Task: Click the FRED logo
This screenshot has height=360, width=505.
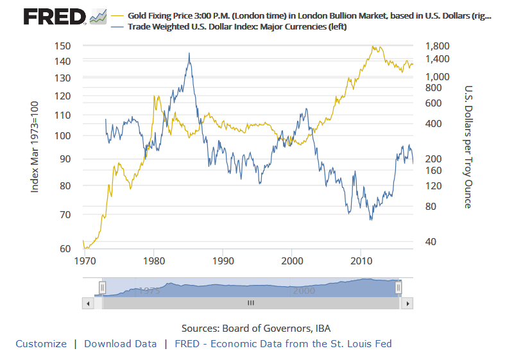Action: (55, 16)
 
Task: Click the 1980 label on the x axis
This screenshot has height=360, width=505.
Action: (153, 261)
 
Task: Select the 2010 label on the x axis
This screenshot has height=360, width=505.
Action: (361, 261)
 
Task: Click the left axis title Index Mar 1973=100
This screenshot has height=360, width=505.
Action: (36, 146)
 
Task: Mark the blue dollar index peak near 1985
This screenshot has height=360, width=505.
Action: (189, 53)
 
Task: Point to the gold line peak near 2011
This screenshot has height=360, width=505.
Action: (373, 46)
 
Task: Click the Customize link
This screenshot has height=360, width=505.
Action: (41, 343)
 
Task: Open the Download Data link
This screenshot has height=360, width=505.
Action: (120, 343)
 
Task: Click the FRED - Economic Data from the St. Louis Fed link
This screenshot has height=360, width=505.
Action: (282, 343)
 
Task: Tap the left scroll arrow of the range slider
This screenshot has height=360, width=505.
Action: (88, 302)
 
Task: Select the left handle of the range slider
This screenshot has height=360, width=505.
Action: (101, 287)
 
